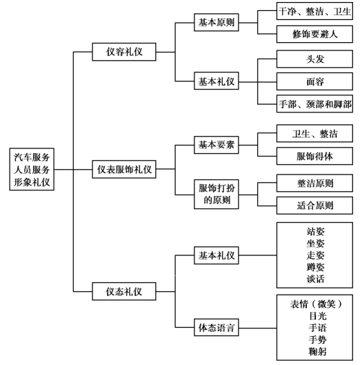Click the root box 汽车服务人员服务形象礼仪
[x=32, y=169]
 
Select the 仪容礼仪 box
[x=124, y=52]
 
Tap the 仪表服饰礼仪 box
[x=124, y=169]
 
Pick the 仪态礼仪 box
[x=124, y=291]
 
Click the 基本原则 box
[x=217, y=22]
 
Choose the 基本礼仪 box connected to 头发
[x=217, y=81]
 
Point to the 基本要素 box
[x=217, y=145]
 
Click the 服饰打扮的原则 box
[x=217, y=194]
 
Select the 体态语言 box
[x=217, y=327]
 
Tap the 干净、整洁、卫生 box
[x=314, y=11]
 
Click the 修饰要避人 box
[x=314, y=34]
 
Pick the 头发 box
[x=314, y=59]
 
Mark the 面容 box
[x=314, y=81]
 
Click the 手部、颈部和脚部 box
[x=314, y=103]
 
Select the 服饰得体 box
[x=314, y=156]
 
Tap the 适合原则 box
[x=314, y=206]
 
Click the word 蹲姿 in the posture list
[x=315, y=267]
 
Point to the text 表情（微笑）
[x=316, y=304]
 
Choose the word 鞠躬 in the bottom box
[x=317, y=351]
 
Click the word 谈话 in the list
[x=315, y=279]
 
